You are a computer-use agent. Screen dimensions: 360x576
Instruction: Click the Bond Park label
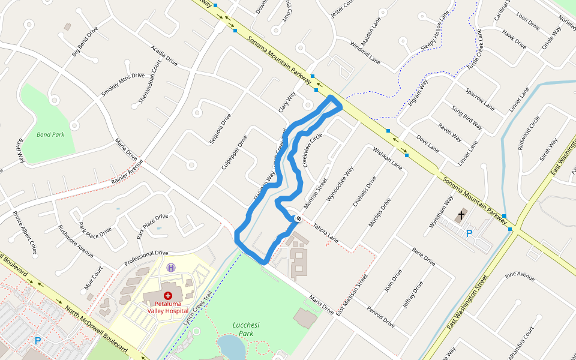tap(50, 134)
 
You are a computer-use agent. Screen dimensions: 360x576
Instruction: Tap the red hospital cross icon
tap(168, 296)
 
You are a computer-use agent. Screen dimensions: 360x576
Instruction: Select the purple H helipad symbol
tap(171, 267)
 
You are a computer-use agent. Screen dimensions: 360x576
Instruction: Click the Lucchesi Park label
tap(245, 328)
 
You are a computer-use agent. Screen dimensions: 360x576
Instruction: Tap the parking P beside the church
tap(469, 233)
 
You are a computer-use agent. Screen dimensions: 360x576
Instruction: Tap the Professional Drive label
tap(146, 258)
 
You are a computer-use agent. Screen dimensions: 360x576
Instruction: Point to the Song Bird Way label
tap(467, 118)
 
